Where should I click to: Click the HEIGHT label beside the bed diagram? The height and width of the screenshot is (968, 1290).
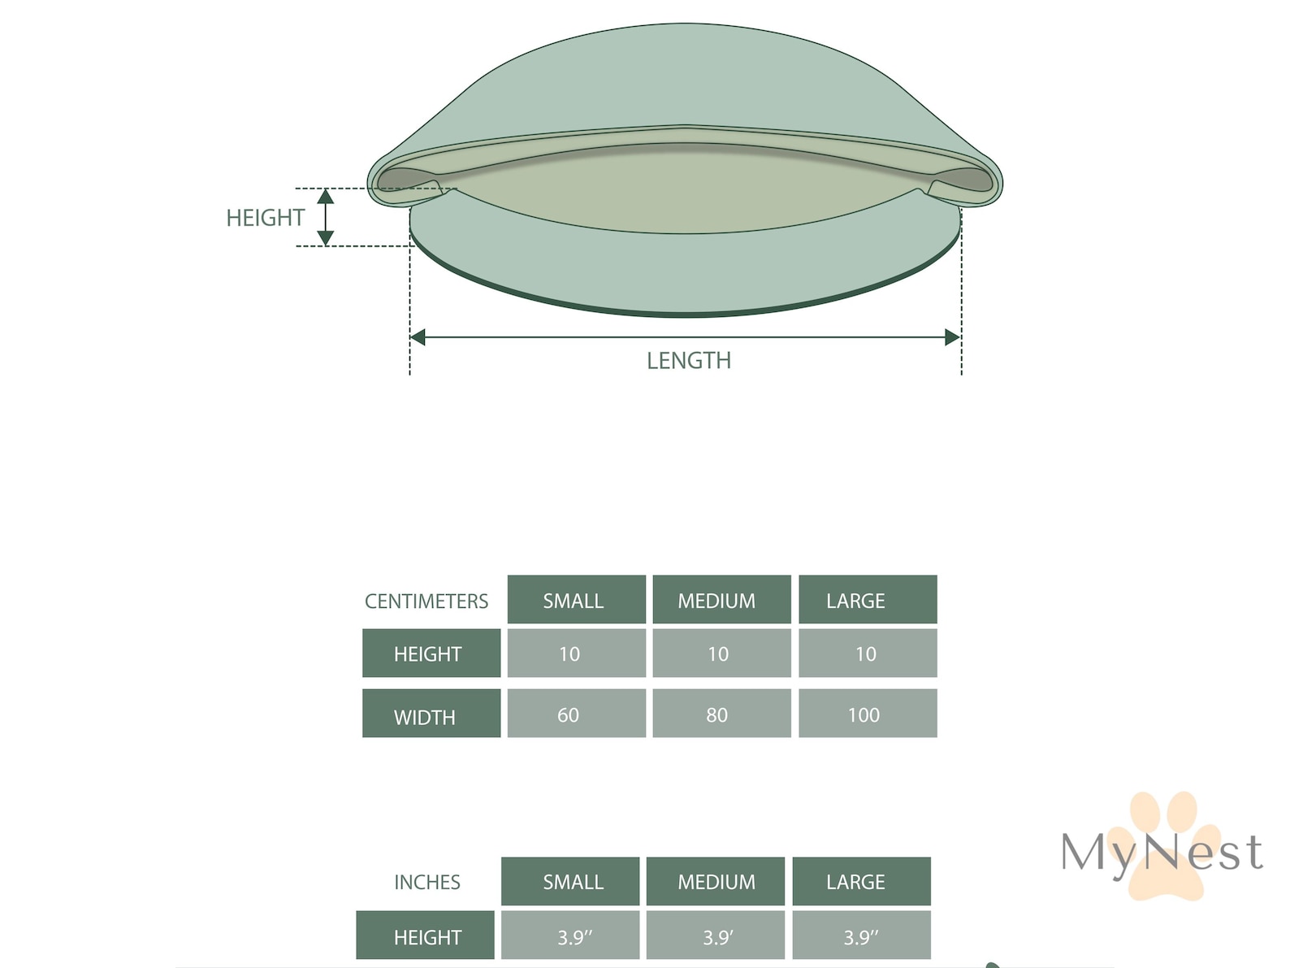click(265, 218)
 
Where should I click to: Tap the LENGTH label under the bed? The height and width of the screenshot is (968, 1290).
click(689, 361)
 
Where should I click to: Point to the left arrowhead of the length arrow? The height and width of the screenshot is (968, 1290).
click(418, 337)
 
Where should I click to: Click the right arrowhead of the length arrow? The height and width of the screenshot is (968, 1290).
click(953, 337)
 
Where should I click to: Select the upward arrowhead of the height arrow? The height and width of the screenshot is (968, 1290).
click(326, 197)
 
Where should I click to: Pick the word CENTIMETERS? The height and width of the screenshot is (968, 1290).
click(426, 601)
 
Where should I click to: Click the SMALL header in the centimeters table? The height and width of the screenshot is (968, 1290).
click(577, 600)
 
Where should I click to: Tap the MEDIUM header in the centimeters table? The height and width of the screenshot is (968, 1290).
click(721, 600)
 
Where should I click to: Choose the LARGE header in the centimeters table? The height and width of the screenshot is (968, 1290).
click(868, 600)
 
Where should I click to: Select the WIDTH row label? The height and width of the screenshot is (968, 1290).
click(431, 714)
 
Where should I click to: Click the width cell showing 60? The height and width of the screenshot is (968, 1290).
click(577, 714)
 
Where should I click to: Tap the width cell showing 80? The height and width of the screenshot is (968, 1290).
click(721, 714)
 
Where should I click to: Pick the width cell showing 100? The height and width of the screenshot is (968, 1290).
click(868, 714)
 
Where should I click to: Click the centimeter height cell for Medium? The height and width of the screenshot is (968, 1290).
click(721, 653)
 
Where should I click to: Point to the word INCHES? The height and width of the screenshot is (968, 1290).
click(427, 882)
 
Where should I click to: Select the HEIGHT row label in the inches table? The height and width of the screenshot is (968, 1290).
click(425, 935)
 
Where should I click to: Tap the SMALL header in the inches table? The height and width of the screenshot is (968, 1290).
click(570, 881)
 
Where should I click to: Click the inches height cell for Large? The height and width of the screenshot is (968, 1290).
click(862, 935)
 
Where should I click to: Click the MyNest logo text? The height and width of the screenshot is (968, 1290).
click(1162, 853)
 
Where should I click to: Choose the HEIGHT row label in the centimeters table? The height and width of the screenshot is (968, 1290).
click(431, 653)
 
